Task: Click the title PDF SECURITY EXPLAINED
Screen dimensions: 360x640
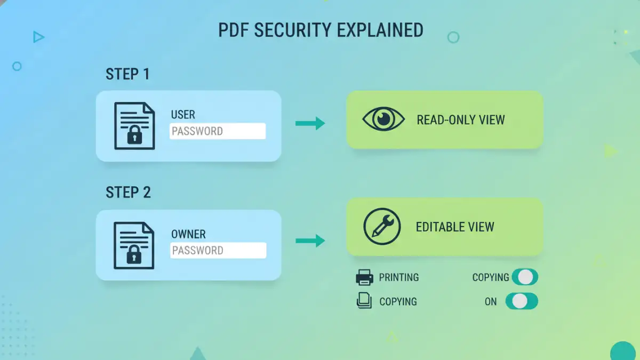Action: click(x=321, y=30)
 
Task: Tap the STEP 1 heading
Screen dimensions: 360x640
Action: click(x=127, y=74)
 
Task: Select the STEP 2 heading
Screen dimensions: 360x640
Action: click(x=128, y=193)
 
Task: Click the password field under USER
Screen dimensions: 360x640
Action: click(x=218, y=131)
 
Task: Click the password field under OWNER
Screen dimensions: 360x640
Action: click(x=218, y=251)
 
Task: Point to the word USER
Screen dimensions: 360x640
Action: click(x=183, y=115)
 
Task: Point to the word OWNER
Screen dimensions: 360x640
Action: click(x=188, y=234)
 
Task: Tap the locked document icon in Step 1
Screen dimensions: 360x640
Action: click(x=134, y=126)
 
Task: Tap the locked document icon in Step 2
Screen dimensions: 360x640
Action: click(x=134, y=245)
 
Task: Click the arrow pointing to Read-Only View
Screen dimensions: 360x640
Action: click(x=310, y=123)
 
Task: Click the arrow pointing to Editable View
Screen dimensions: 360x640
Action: click(x=310, y=241)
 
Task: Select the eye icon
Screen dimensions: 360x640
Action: click(x=383, y=119)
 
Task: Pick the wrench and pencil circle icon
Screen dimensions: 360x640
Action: click(x=382, y=227)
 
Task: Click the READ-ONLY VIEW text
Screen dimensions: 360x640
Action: click(x=461, y=120)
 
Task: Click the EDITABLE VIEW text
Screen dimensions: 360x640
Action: click(x=455, y=227)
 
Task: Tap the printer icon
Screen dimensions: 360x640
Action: click(x=364, y=277)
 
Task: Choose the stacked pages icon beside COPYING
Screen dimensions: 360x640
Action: click(x=364, y=301)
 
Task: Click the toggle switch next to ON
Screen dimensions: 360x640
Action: click(x=522, y=301)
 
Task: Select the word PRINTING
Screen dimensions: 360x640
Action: click(x=399, y=277)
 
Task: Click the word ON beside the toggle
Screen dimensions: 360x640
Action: click(x=491, y=302)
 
